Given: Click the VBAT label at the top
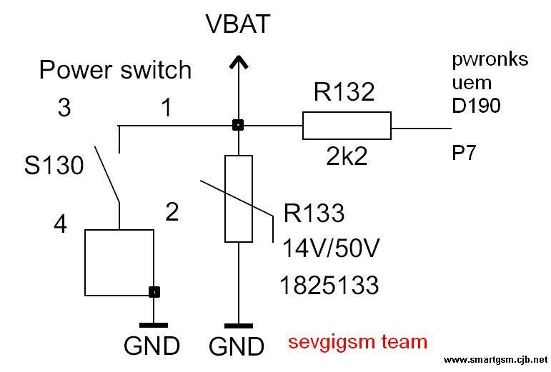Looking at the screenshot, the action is tap(238, 24).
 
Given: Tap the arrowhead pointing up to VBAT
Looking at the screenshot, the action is tap(239, 62).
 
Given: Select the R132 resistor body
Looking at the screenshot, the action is tap(347, 126).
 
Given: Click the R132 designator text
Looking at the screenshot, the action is tap(344, 92).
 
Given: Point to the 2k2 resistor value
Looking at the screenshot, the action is tap(347, 156).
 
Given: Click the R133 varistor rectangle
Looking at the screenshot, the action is tap(239, 198).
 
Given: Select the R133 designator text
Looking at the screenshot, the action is tap(314, 213).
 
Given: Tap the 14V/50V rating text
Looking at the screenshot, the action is tap(331, 248).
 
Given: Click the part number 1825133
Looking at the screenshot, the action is tap(329, 285).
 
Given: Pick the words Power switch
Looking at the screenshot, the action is tap(115, 70).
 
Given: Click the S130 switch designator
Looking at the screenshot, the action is tap(54, 166).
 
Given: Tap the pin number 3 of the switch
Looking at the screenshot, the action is tap(64, 107).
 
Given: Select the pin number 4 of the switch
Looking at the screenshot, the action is tap(61, 225).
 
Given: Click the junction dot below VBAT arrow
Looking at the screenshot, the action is tap(238, 125).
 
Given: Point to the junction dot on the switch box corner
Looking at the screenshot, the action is tap(154, 292).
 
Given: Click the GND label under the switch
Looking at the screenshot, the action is tap(152, 346).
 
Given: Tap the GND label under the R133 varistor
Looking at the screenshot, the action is tap(236, 346).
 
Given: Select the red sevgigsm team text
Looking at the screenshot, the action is tap(358, 342).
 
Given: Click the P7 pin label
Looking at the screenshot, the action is tap(464, 153).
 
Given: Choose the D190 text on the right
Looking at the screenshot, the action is tap(476, 106).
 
